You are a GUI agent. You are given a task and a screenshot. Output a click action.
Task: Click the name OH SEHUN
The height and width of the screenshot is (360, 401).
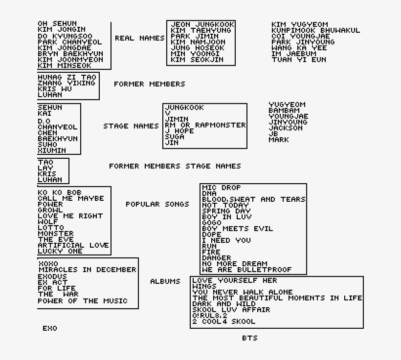tap(57, 24)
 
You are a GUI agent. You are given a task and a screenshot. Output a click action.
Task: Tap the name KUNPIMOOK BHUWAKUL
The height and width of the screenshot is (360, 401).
tap(315, 30)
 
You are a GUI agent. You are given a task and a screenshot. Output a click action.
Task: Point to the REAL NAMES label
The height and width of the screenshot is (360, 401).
tap(139, 38)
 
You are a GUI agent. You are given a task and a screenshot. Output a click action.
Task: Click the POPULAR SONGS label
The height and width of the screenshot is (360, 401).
tap(157, 204)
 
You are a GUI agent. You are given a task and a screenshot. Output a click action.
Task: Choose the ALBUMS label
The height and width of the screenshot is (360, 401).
tap(165, 281)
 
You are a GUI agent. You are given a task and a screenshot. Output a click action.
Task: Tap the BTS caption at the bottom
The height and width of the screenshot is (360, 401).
tap(249, 338)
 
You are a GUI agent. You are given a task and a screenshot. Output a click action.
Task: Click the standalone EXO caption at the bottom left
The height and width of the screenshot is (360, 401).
tap(50, 328)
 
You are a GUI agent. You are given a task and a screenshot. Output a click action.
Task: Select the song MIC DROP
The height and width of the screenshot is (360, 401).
tap(222, 188)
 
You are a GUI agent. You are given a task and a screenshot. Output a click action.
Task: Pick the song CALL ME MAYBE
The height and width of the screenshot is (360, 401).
tap(71, 198)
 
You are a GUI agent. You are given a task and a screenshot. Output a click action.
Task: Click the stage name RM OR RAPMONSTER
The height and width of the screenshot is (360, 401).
tap(205, 125)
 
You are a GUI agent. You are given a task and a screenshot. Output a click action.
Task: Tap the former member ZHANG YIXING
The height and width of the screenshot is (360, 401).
tap(67, 83)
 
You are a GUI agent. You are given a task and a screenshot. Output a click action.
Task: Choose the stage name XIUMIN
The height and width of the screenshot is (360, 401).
tap(52, 150)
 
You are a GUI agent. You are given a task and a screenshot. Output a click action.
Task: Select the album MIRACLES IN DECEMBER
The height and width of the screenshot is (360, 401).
tap(87, 270)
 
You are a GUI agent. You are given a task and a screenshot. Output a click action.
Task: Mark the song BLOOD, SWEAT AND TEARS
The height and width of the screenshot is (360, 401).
tap(253, 199)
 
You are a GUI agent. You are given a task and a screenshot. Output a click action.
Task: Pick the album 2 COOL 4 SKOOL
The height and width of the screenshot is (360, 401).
tap(223, 321)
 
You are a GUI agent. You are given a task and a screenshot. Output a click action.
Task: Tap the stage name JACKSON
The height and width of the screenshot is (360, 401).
tap(286, 128)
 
